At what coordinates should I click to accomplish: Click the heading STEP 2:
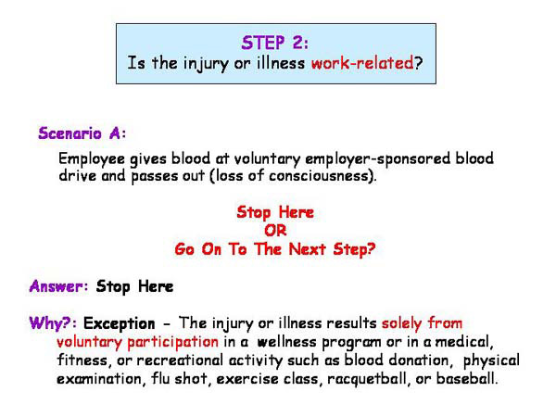point(275,43)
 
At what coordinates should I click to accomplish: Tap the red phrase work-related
point(368,65)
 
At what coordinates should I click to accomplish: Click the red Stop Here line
point(275,213)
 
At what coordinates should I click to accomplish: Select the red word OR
point(275,231)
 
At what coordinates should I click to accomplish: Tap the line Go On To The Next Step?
point(275,249)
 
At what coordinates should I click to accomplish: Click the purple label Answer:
point(58,286)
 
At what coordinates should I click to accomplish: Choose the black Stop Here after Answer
point(134,286)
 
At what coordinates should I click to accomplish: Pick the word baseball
point(469,380)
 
